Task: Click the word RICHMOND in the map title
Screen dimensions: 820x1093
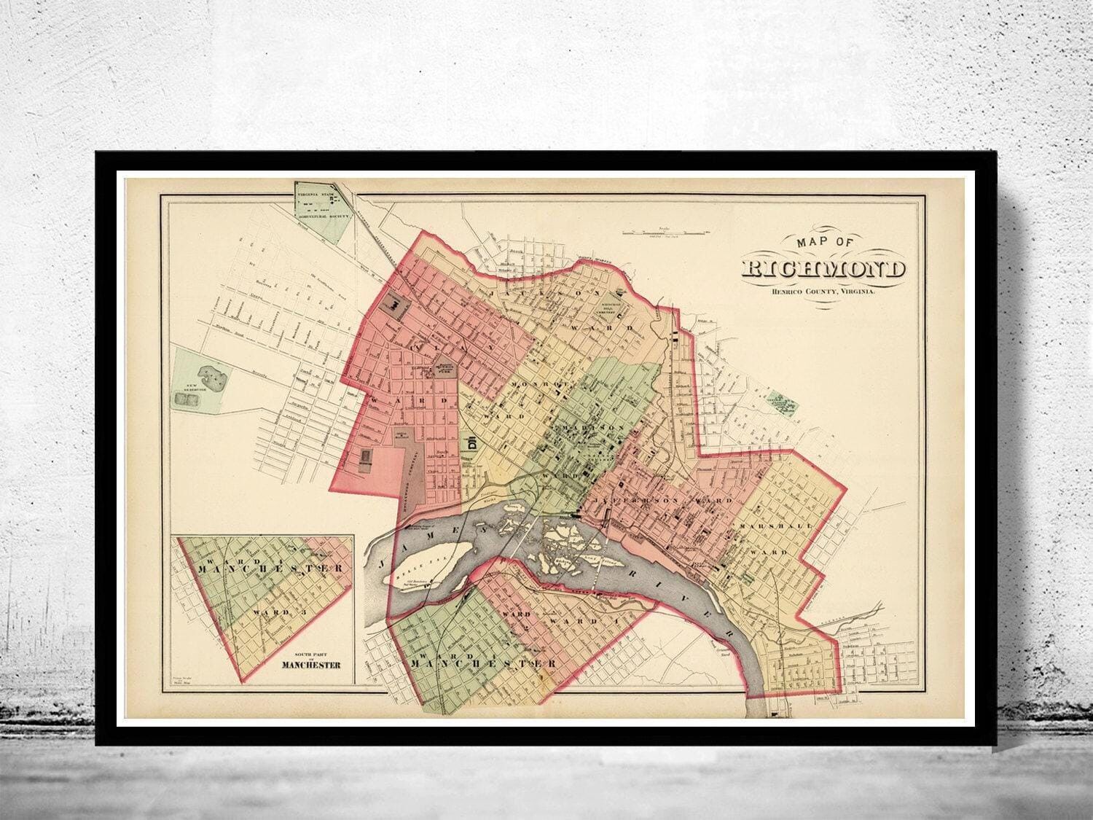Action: [x=824, y=268]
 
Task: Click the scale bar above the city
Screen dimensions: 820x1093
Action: [x=663, y=232]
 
